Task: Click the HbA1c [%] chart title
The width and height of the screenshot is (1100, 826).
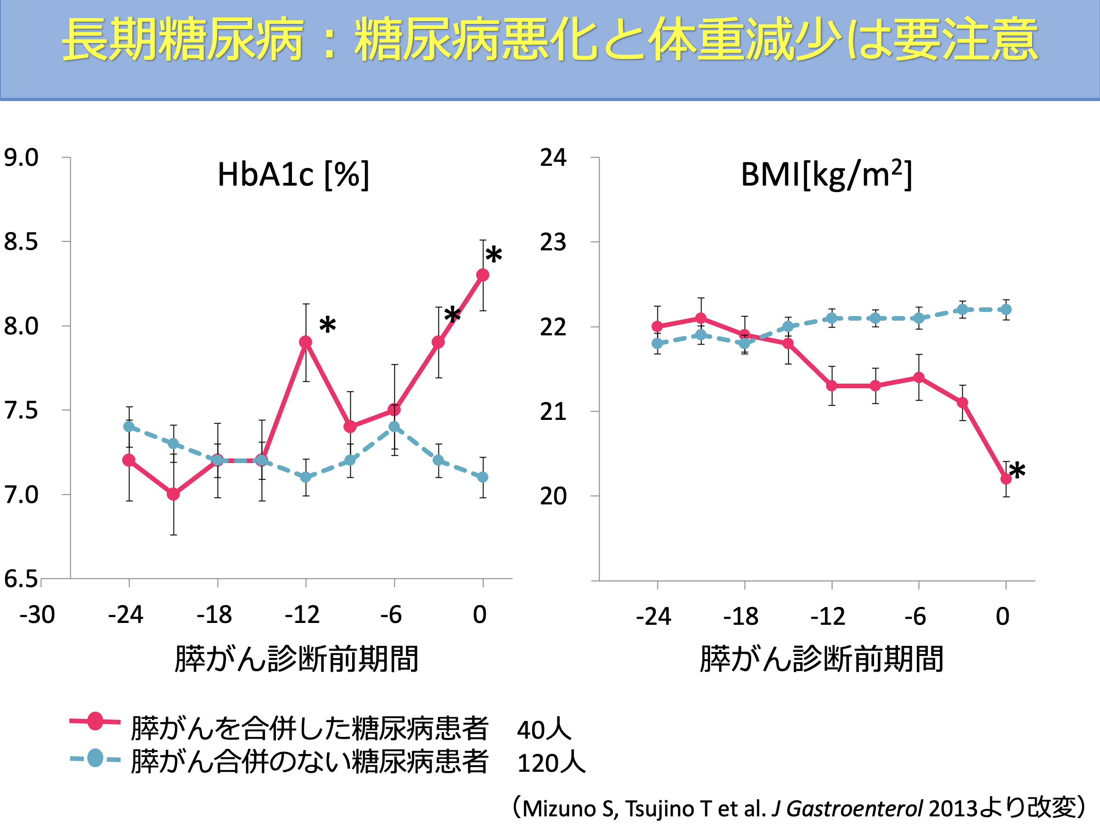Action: coord(293,175)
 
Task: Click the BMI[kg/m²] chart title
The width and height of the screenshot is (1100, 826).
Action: coord(826,175)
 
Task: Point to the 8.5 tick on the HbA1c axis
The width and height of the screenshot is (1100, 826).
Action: coord(21,242)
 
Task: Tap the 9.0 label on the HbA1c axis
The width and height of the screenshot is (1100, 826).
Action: coord(21,158)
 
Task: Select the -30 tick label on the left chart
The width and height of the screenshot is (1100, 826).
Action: coord(37,615)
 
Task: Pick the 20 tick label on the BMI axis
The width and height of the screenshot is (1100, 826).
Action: coord(553,497)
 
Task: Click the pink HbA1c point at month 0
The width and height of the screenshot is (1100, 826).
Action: coord(483,275)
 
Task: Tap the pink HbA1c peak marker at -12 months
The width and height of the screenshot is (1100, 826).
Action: coord(306,342)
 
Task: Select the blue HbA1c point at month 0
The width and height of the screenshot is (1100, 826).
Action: coord(483,477)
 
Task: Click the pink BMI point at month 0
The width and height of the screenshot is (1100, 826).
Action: coord(1006,479)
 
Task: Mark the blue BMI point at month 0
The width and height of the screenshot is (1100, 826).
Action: coord(1006,310)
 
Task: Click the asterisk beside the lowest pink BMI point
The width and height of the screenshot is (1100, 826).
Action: coord(1017,471)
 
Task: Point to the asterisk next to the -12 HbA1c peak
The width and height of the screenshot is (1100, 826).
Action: coord(328,326)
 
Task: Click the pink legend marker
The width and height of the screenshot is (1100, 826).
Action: coord(95,721)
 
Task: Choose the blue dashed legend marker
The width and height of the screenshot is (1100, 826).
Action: coord(95,758)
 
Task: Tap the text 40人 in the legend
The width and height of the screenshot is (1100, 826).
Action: coord(544,730)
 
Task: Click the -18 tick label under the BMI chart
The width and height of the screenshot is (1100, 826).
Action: coord(741,617)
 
